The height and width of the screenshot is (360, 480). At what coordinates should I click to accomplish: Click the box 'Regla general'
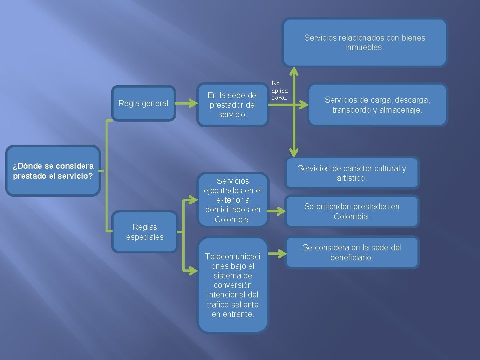(143, 104)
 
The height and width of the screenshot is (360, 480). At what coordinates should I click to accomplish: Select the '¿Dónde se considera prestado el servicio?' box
(53, 171)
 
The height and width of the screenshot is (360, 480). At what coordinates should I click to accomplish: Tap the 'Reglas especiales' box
(145, 232)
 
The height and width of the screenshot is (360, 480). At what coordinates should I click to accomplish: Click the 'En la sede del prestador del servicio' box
(233, 105)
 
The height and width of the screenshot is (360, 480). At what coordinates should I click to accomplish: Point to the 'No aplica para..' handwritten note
(279, 91)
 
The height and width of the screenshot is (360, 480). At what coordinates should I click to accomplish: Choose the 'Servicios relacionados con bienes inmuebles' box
(364, 43)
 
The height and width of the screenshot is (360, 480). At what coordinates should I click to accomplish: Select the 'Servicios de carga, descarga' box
(377, 105)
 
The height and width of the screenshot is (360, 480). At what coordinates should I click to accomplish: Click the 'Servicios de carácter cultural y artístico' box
(352, 173)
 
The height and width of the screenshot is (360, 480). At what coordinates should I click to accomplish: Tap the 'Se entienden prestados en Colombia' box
(352, 211)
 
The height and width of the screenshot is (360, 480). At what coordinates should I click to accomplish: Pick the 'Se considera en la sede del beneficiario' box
(352, 252)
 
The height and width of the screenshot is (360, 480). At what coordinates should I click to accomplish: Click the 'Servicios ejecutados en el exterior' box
(233, 200)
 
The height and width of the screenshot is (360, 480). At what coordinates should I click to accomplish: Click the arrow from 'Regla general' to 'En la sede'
(187, 104)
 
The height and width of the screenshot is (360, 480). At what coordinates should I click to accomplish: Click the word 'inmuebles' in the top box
(364, 48)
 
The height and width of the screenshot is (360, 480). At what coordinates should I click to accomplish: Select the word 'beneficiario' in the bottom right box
(352, 257)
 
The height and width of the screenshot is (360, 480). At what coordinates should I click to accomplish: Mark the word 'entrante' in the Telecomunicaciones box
(239, 314)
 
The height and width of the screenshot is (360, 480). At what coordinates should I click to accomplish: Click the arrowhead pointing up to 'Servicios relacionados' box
(294, 72)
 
